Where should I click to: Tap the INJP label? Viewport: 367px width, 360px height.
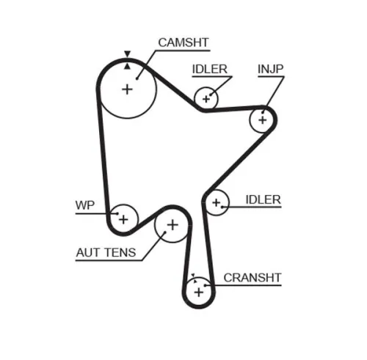[270, 70]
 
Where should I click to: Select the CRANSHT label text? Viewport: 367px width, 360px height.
[252, 277]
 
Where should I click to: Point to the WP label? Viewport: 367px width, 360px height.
[85, 205]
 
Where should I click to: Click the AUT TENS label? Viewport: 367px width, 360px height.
[106, 254]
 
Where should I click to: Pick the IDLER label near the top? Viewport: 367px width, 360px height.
[210, 70]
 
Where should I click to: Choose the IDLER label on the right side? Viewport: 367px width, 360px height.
[264, 199]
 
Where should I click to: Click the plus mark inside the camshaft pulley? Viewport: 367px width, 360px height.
[127, 89]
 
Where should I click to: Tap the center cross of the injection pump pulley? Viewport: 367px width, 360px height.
[262, 119]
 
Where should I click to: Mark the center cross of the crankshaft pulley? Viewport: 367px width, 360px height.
[198, 292]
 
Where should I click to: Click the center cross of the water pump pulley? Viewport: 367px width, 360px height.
[123, 218]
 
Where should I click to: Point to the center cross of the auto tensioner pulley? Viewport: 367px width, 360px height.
[172, 225]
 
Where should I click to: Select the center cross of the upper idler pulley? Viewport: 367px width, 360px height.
[206, 98]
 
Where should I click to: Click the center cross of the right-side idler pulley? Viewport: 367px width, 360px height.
[216, 202]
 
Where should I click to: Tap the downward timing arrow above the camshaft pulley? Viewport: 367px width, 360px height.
[127, 54]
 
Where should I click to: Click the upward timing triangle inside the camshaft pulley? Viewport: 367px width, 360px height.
[127, 65]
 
